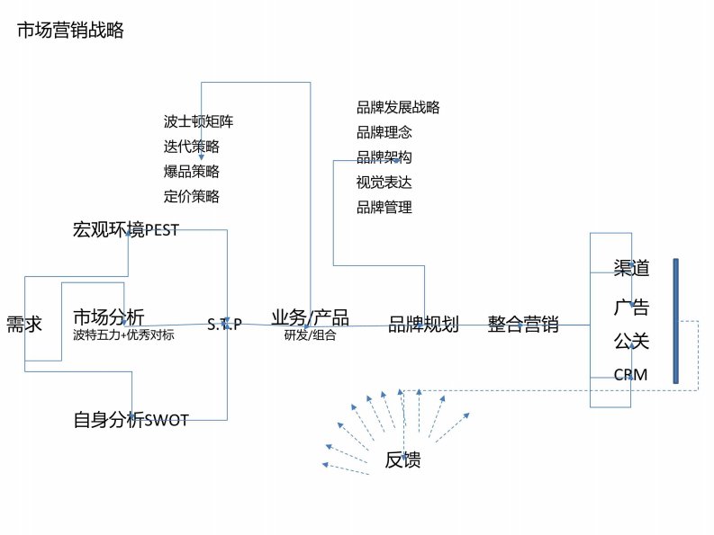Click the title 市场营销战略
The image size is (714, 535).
[x=70, y=31]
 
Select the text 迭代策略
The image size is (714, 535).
[x=192, y=147]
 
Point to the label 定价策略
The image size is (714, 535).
[x=192, y=196]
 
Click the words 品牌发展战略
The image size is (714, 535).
[x=398, y=108]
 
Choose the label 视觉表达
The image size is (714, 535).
[x=384, y=183]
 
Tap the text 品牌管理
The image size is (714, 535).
[x=384, y=208]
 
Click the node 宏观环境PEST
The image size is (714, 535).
[x=125, y=230]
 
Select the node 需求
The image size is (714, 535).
[x=24, y=325]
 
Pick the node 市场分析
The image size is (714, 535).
[x=108, y=317]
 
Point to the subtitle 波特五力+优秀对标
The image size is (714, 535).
[x=123, y=335]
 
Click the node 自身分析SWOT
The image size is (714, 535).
[x=131, y=419]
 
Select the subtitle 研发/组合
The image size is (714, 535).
[x=310, y=335]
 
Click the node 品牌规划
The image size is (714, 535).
[x=423, y=325]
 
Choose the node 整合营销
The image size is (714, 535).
[x=523, y=325]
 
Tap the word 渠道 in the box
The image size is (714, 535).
[x=631, y=268]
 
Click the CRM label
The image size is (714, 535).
[x=630, y=374]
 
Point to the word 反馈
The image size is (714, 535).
[x=402, y=461]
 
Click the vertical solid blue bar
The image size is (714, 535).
[x=675, y=321]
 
